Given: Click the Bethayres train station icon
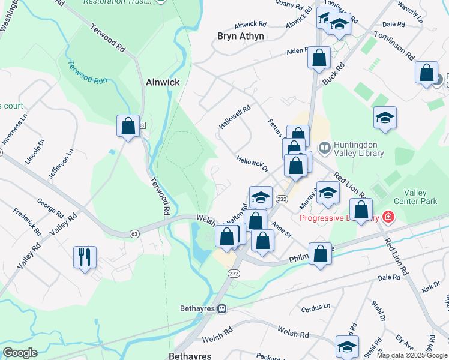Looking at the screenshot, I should [221, 309].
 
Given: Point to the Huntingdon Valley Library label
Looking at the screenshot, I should [358, 149].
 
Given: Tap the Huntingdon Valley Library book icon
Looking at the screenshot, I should [325, 146].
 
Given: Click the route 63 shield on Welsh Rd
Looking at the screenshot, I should [134, 233].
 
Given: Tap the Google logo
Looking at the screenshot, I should [20, 353].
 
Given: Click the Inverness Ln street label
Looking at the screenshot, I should [14, 134].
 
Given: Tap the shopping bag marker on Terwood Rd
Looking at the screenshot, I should [128, 126].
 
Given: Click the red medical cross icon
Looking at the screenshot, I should [388, 216].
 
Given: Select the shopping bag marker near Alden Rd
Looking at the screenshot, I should [319, 58].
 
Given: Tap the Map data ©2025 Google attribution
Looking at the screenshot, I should [412, 355].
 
